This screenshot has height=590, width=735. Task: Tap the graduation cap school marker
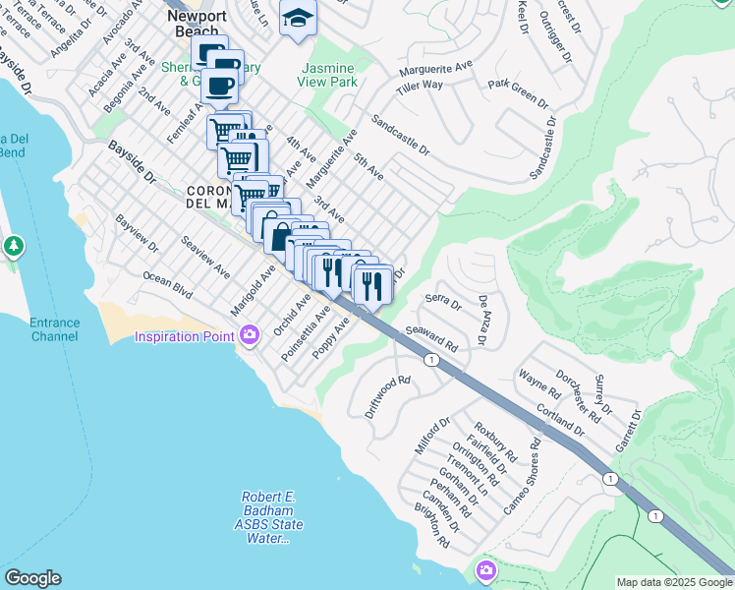tap(298, 18)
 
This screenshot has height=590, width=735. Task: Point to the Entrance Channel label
tap(53, 329)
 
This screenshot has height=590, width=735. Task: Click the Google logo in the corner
tap(32, 578)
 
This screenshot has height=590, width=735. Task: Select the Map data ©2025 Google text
tap(674, 582)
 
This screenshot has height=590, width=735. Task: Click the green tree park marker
tap(14, 245)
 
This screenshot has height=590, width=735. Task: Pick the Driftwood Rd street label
tap(386, 396)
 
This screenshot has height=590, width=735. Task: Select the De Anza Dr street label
tap(482, 321)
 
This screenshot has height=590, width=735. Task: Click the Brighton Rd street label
tap(432, 526)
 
